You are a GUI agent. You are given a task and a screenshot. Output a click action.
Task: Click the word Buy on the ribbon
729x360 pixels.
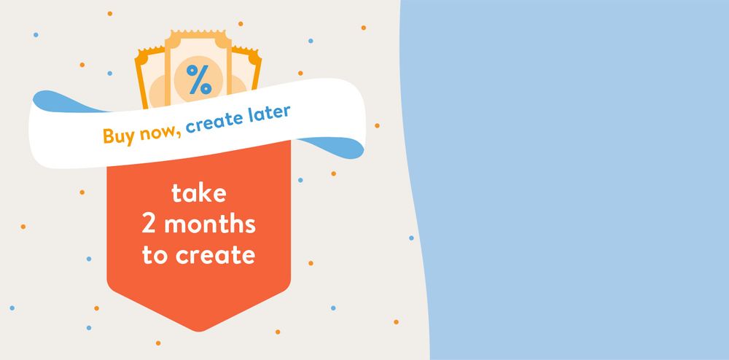click(116, 136)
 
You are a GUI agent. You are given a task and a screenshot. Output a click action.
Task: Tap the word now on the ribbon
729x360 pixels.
click(154, 131)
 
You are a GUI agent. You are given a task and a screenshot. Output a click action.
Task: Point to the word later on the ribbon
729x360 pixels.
click(270, 114)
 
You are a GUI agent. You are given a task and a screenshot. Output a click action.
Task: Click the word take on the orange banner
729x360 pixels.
click(198, 192)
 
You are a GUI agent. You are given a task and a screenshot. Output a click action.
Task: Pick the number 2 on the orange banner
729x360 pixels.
click(149, 224)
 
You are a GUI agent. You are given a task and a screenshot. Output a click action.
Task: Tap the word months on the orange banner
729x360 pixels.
click(210, 224)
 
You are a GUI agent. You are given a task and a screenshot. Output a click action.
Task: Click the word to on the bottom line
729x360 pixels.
click(155, 255)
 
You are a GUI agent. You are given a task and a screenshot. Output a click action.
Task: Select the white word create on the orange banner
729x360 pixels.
click(215, 255)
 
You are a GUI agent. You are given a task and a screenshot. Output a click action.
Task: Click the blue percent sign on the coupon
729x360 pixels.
click(199, 79)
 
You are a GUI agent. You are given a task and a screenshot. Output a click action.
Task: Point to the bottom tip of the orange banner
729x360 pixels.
click(199, 331)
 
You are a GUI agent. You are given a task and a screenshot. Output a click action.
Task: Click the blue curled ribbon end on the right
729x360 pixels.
click(335, 147)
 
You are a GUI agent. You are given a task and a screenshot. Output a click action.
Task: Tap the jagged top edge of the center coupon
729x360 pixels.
click(198, 33)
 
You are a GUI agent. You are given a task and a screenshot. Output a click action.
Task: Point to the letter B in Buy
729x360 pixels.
click(107, 136)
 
